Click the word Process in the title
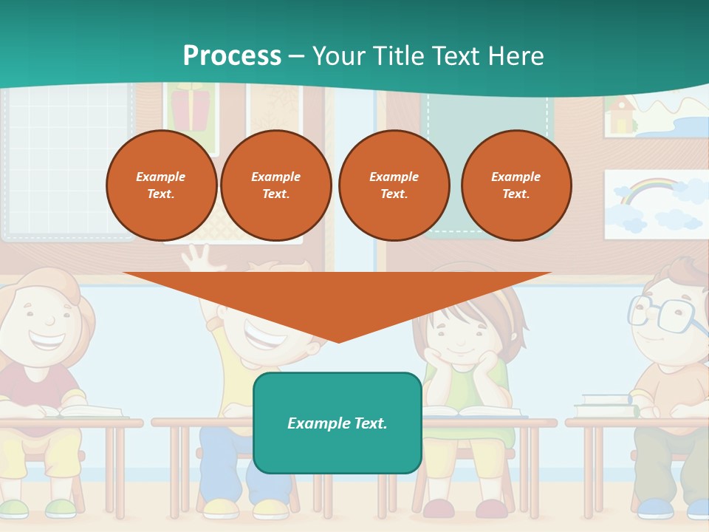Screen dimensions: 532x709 point(232,56)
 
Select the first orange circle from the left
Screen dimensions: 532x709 point(162,185)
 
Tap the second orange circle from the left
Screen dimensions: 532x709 point(276,185)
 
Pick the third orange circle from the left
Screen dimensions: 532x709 point(394,185)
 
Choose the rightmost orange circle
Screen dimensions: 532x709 point(516,185)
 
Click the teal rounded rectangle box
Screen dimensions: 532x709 point(338,423)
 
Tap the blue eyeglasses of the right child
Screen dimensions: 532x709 point(665,313)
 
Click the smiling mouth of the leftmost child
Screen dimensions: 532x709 point(46,342)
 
